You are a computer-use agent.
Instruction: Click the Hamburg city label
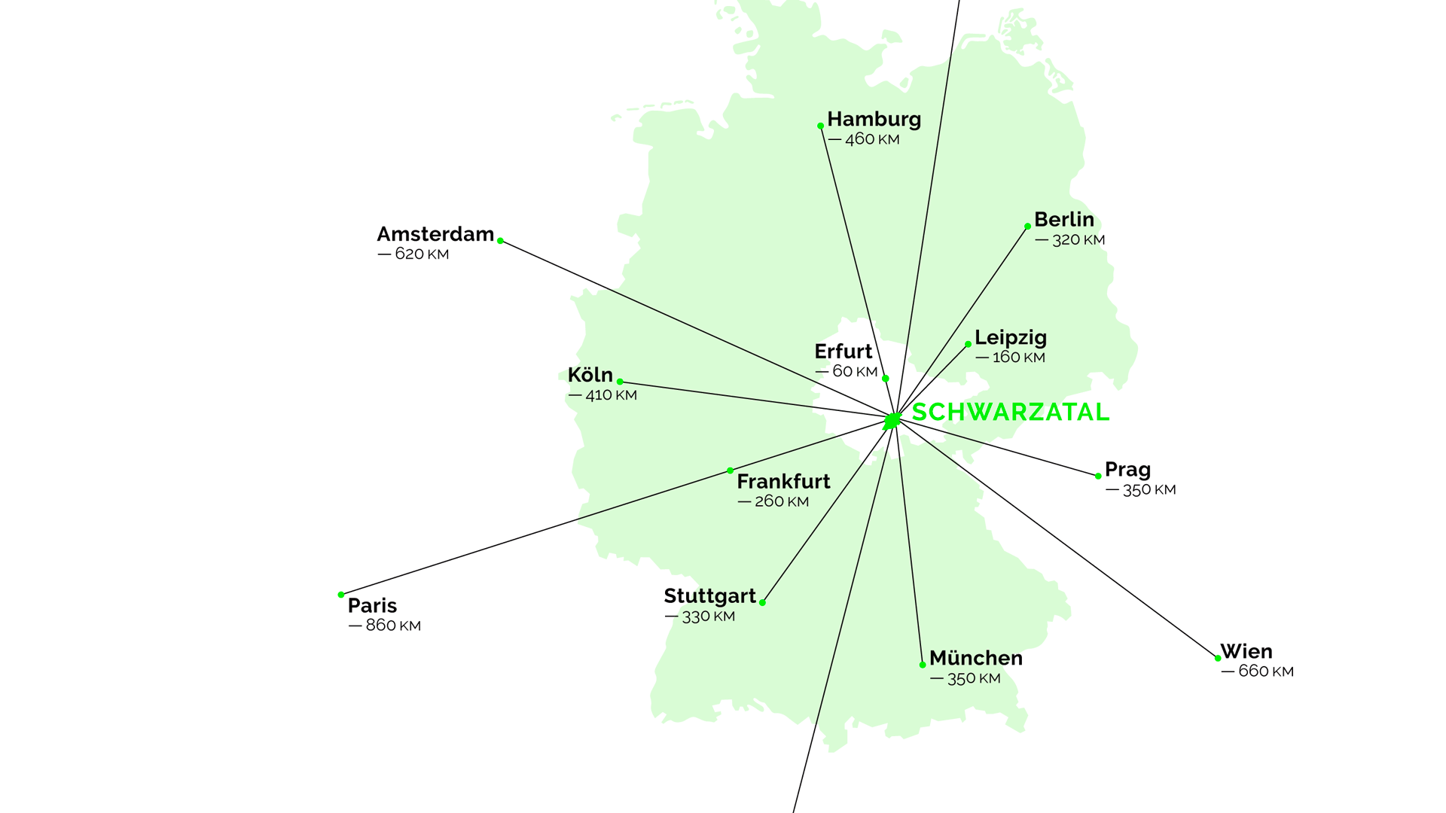[874, 119]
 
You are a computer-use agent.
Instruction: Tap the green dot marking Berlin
[1027, 226]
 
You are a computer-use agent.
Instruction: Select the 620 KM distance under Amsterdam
[413, 254]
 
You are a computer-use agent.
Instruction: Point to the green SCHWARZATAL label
[1010, 413]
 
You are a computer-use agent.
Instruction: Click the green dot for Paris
[341, 595]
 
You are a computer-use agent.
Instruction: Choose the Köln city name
[590, 375]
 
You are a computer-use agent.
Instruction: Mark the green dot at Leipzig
[968, 344]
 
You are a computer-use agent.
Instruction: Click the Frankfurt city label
[783, 482]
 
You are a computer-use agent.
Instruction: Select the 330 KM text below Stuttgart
[700, 617]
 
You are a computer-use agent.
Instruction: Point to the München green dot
[923, 665]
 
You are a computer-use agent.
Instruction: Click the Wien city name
[1246, 651]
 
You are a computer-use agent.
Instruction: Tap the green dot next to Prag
[1098, 476]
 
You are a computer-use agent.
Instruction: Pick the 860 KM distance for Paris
[385, 626]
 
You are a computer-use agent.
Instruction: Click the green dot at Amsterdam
[500, 241]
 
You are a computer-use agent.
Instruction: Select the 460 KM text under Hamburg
[864, 139]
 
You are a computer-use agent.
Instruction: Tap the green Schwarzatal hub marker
[892, 420]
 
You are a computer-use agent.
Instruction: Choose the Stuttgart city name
[709, 596]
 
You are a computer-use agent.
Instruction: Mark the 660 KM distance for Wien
[1257, 671]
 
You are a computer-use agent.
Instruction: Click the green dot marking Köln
[620, 382]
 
